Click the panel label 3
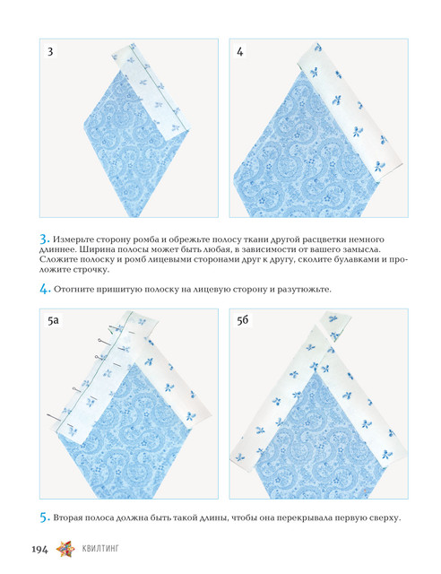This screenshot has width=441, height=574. [50, 51]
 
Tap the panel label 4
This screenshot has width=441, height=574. [239, 52]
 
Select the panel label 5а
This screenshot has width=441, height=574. [53, 320]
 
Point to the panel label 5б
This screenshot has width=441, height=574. [242, 320]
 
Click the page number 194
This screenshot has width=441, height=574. [39, 550]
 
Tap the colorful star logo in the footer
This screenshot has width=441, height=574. [65, 549]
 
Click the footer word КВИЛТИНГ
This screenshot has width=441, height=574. [100, 549]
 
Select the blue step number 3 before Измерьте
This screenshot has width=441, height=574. [44, 239]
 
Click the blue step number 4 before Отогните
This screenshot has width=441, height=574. [44, 289]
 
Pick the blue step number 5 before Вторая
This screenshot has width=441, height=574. [44, 517]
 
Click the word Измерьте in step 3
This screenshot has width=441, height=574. [73, 239]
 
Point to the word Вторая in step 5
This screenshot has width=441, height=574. [68, 518]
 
